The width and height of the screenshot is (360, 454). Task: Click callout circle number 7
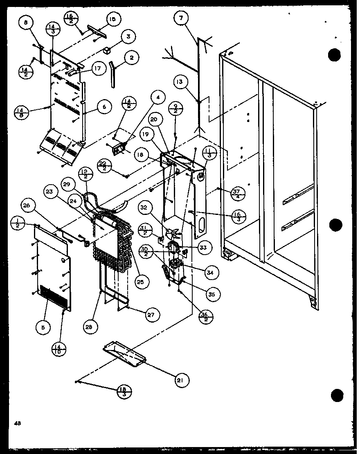(181, 18)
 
